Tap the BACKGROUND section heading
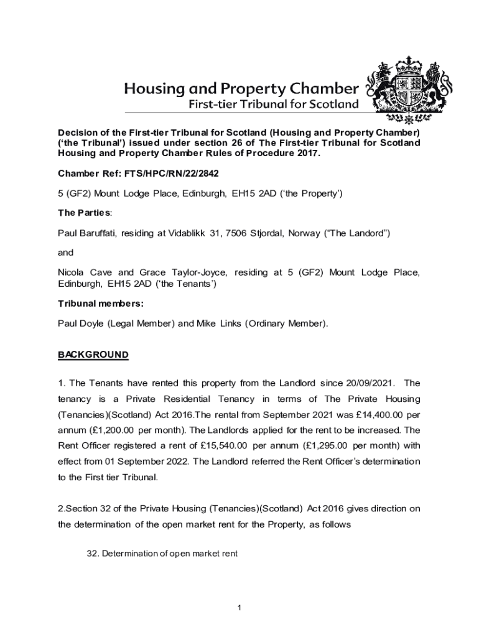93,355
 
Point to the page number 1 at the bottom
239,607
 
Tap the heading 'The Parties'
84,213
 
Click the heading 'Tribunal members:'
101,304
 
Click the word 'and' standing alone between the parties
65,253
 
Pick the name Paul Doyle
83,323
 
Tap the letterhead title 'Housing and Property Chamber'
241,88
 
